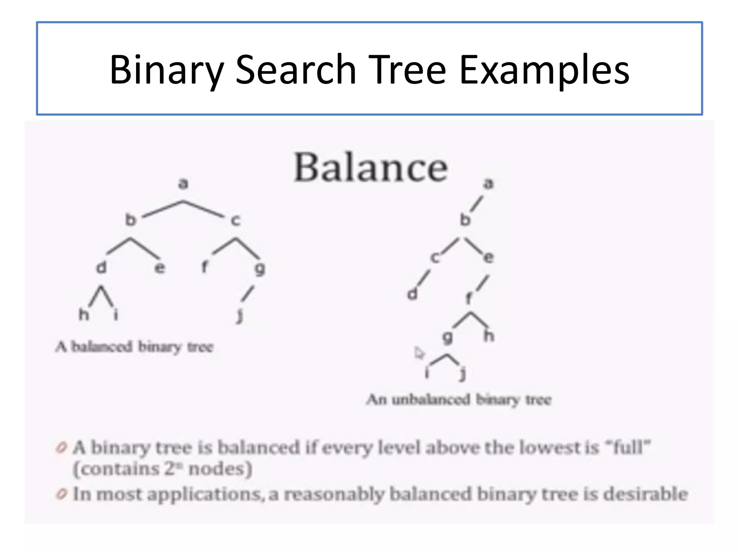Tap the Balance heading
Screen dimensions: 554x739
tap(371, 168)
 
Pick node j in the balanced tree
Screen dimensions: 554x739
tap(240, 316)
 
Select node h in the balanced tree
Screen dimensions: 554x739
tap(84, 315)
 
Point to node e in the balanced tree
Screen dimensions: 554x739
tap(159, 268)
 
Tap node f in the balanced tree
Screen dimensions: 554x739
tap(204, 267)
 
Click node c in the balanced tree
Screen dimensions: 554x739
tap(235, 220)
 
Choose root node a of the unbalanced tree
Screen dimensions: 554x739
tap(488, 184)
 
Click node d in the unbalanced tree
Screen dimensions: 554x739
tap(412, 294)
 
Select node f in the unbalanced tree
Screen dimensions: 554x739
tap(468, 299)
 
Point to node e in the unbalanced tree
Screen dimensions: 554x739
tap(488, 258)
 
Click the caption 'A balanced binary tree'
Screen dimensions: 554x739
tap(134, 347)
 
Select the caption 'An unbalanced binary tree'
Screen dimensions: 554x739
tap(459, 400)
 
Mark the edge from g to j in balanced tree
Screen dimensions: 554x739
tap(248, 293)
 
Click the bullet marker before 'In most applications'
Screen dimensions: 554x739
tap(62, 494)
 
